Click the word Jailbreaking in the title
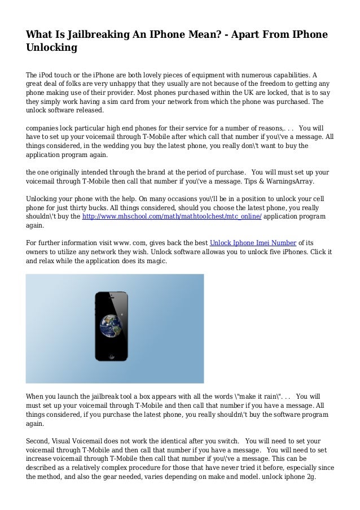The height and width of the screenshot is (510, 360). pos(104,35)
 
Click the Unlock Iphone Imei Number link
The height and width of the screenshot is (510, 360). pos(248,244)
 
